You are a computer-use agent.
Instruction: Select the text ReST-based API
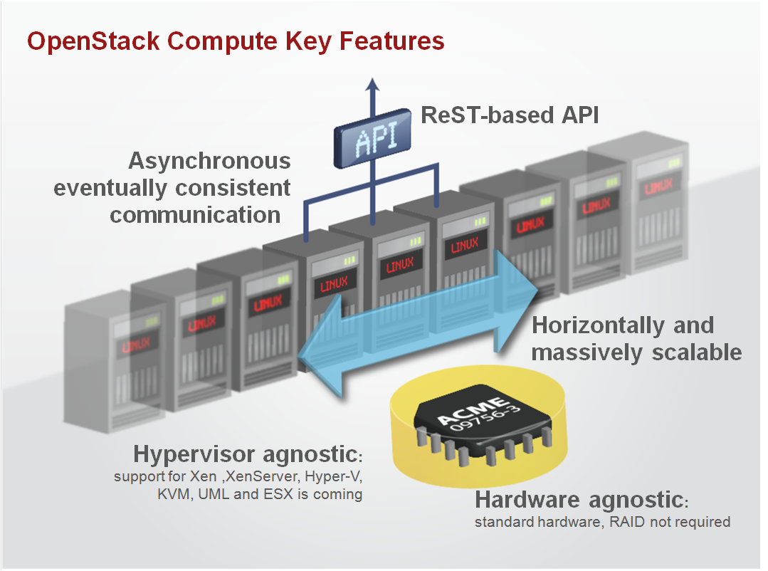[510, 115]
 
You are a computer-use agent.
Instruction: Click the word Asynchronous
[209, 161]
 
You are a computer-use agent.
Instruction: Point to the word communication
[195, 214]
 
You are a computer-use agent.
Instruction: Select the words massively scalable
[636, 352]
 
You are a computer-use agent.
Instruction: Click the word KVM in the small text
[174, 494]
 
